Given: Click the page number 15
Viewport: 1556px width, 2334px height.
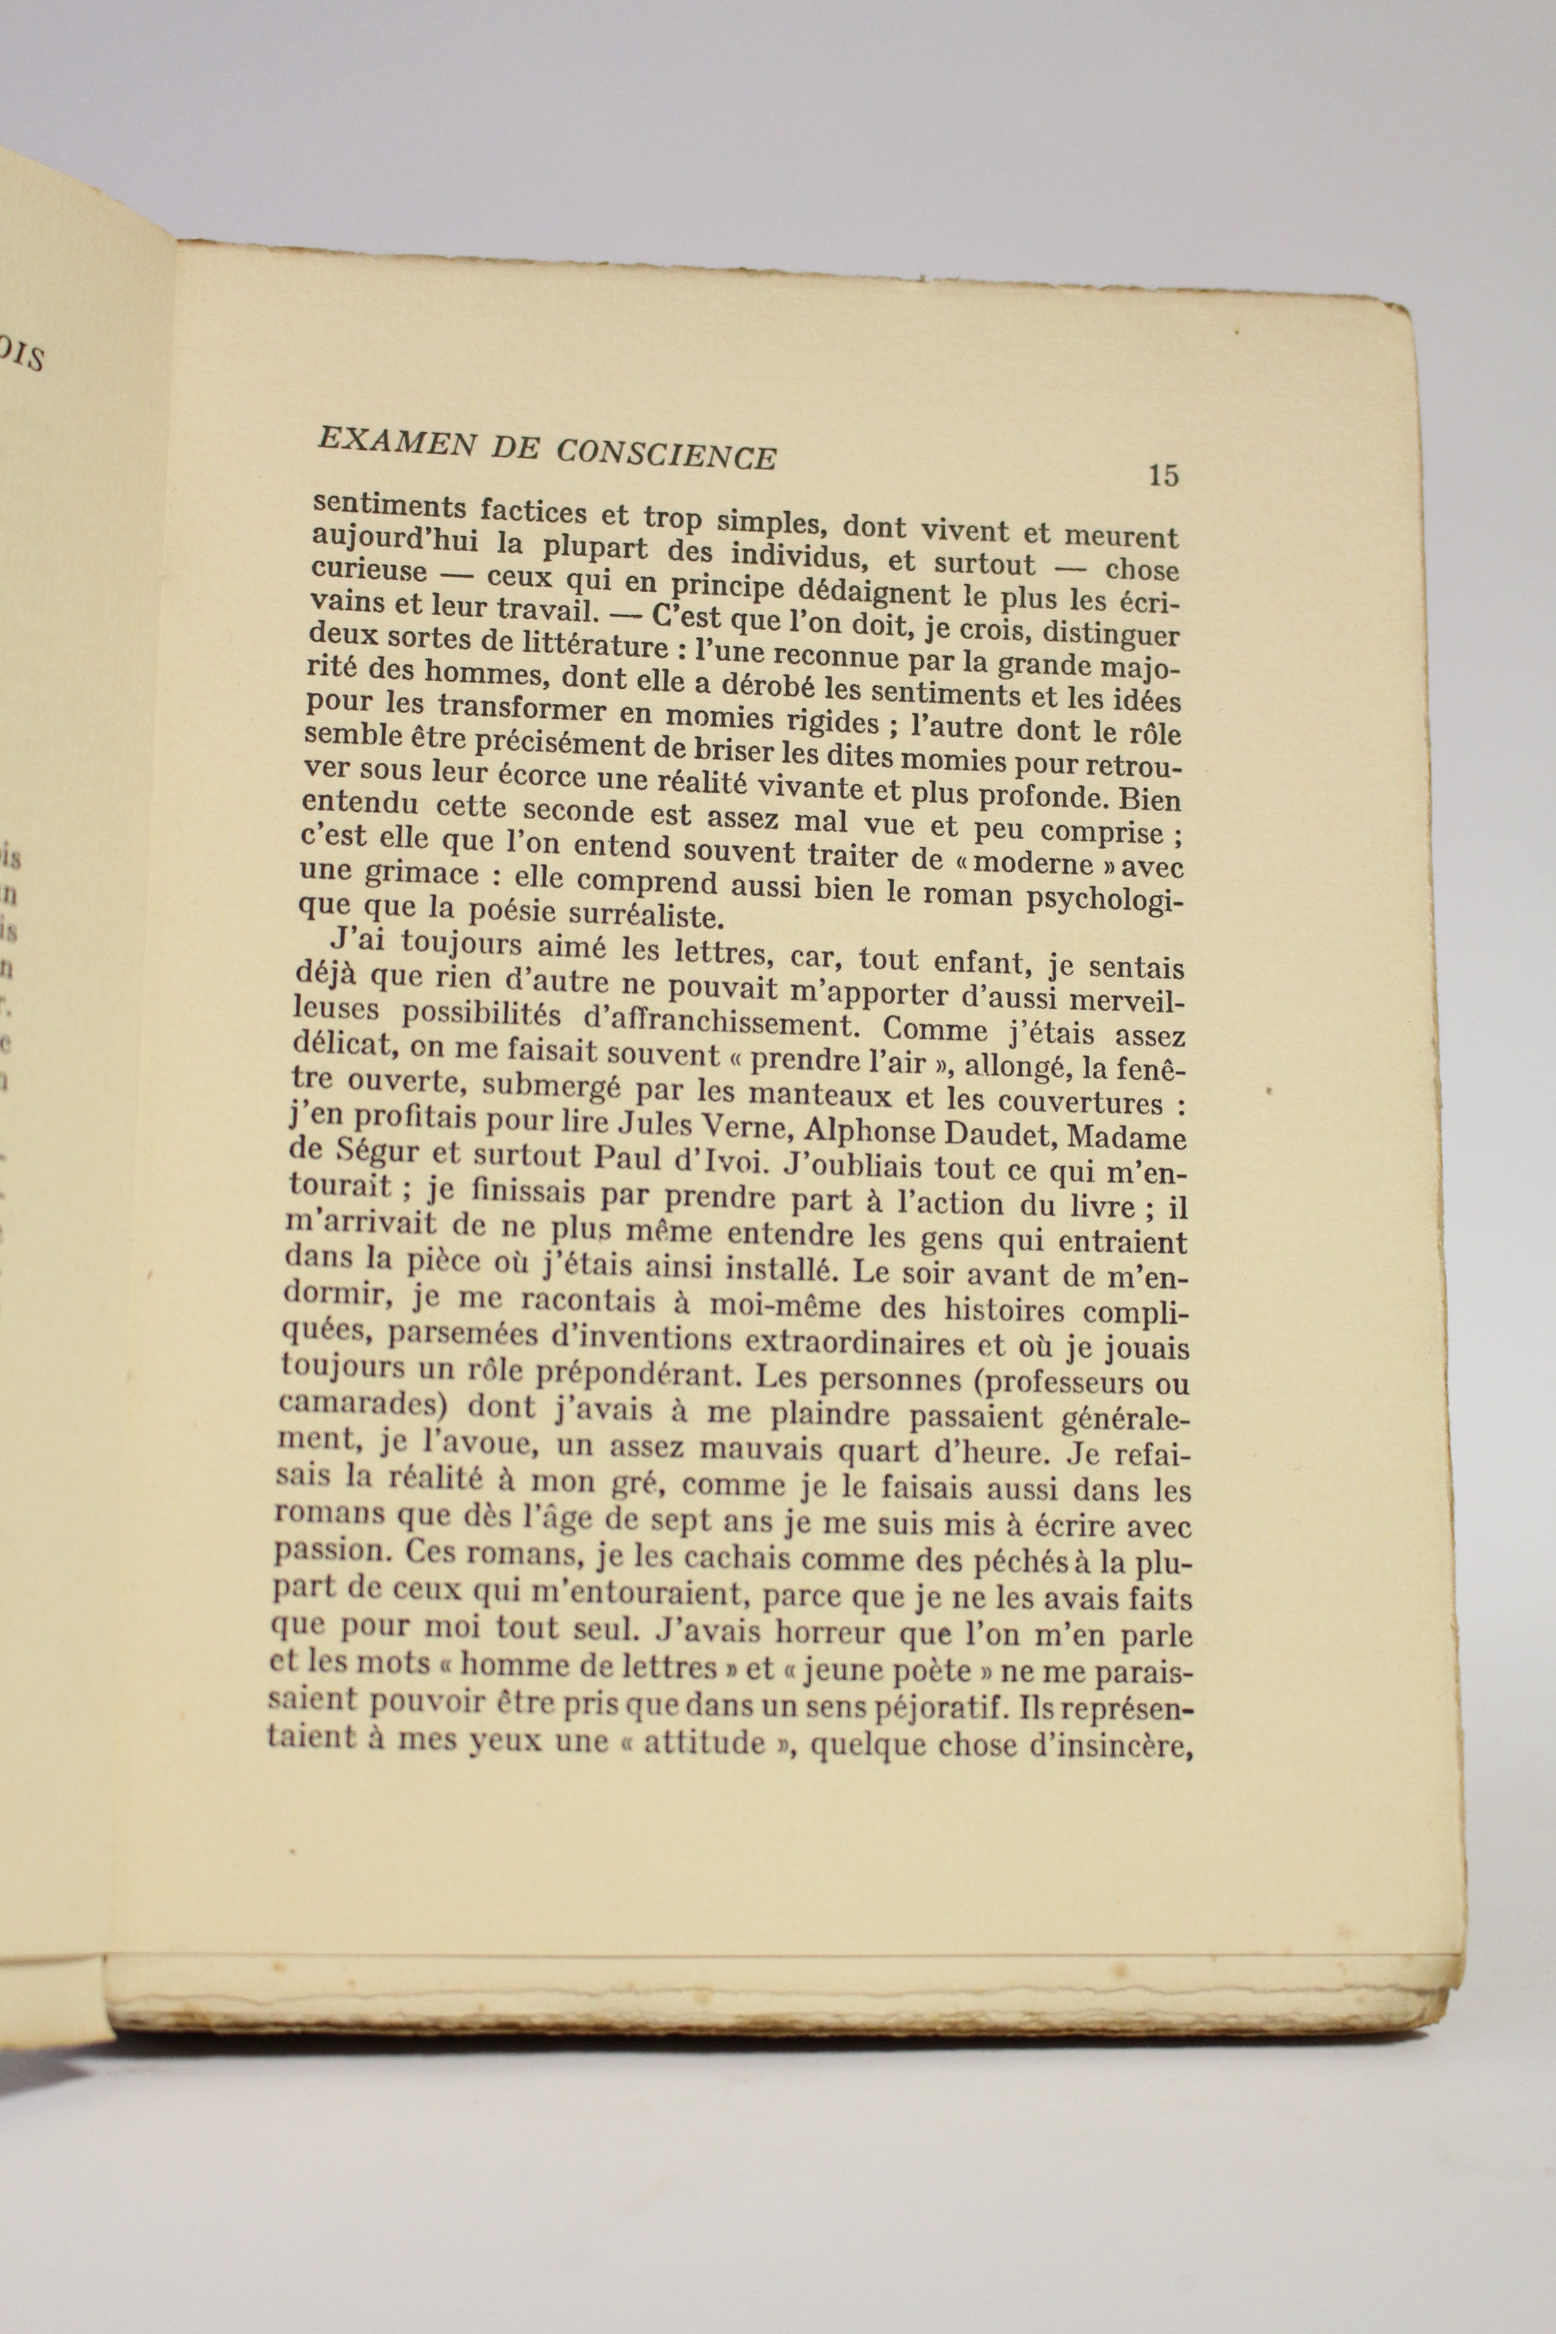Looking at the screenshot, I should tap(1162, 475).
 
